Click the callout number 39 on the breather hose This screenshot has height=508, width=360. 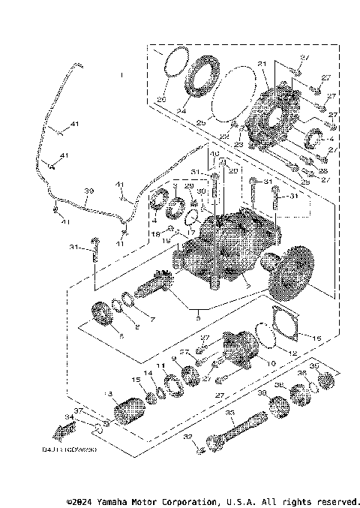coord(88,191)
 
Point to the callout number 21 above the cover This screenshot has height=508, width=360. coord(262,63)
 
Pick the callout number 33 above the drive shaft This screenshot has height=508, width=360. coord(229,412)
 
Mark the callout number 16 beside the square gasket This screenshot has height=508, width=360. coord(316,339)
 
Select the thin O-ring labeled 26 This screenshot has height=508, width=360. coord(173,61)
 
